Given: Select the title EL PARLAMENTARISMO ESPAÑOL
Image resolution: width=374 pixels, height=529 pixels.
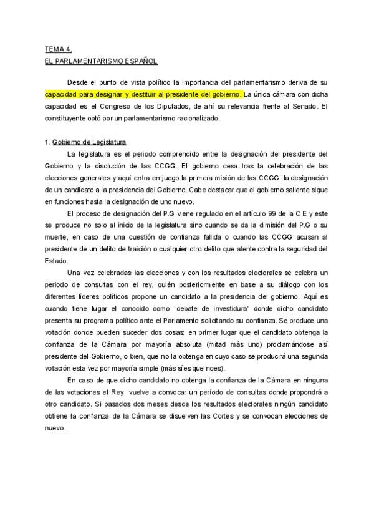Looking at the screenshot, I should [x=102, y=61].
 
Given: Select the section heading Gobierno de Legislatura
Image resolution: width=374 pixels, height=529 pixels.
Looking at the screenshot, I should [x=90, y=142].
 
